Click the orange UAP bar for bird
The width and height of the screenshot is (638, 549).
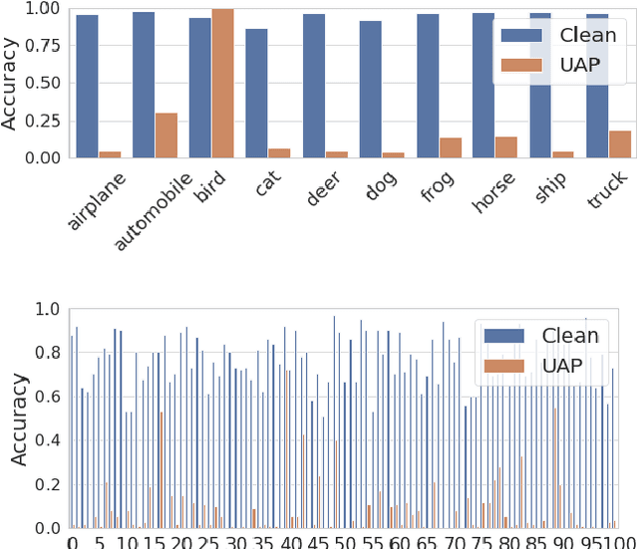pos(222,83)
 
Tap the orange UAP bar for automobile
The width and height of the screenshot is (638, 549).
pos(165,135)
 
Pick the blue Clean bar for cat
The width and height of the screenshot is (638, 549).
pos(257,93)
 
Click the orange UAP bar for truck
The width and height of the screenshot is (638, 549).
pos(620,143)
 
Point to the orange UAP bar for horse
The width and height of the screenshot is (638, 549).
pos(506,146)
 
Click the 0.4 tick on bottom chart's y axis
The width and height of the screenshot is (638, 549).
pos(47,440)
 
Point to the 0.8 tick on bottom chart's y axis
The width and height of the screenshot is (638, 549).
pos(47,353)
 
